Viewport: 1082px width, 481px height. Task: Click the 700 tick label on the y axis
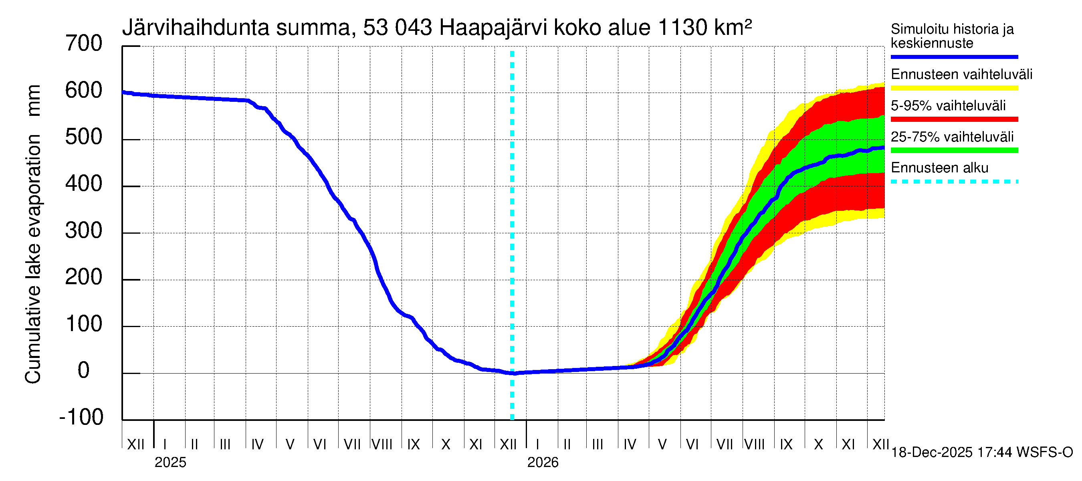click(x=84, y=44)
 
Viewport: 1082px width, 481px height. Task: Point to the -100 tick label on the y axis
click(x=81, y=417)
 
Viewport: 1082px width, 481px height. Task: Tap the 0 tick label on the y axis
click(x=84, y=370)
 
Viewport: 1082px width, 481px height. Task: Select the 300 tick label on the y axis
click(x=84, y=230)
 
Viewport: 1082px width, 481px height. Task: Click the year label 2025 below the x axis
click(x=170, y=463)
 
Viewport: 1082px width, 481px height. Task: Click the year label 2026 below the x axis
click(x=543, y=463)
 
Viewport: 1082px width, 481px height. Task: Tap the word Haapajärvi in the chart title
click(x=493, y=28)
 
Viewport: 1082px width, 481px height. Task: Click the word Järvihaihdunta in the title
click(x=196, y=28)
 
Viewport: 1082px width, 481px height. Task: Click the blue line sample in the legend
click(x=954, y=57)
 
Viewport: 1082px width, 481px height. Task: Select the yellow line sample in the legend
click(x=954, y=88)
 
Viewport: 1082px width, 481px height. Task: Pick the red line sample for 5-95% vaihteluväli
click(x=954, y=119)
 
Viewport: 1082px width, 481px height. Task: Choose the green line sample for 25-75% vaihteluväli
click(x=954, y=150)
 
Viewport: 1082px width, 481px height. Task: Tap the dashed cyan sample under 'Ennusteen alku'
click(x=954, y=182)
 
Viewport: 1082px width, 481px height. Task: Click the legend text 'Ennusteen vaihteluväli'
click(x=961, y=75)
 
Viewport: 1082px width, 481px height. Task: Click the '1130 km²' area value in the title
click(x=705, y=28)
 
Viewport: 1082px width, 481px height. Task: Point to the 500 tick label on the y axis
click(x=84, y=137)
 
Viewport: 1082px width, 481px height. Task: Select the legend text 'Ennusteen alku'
click(x=940, y=168)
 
